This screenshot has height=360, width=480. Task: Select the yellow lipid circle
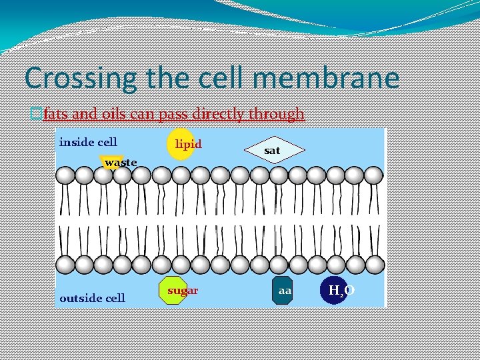[x=180, y=144]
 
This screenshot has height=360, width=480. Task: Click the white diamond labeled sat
[x=272, y=151]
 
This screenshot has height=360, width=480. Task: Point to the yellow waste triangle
[x=113, y=163]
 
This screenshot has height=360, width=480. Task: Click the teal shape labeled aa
[x=283, y=291]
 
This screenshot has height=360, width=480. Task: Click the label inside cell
[x=88, y=142]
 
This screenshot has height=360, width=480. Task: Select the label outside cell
[x=92, y=298]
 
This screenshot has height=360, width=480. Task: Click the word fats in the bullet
[x=55, y=114]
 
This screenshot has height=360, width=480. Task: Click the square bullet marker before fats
[x=37, y=115]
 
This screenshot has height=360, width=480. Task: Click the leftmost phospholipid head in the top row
[x=65, y=175]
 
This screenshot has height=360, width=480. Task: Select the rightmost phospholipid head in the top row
[x=375, y=175]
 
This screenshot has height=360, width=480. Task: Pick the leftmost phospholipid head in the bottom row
[x=65, y=265]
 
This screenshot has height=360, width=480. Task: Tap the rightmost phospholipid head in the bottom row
[x=375, y=265]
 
